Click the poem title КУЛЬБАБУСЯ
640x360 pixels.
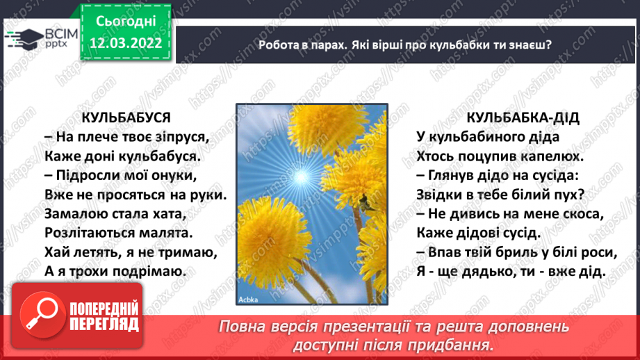coord(126,117)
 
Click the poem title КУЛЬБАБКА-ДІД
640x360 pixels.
coord(523,117)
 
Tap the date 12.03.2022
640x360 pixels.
coord(126,43)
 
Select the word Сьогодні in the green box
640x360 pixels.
coord(126,22)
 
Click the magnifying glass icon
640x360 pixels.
coord(42,315)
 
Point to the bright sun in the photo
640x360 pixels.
coord(301,177)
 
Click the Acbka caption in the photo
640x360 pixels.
coord(248,300)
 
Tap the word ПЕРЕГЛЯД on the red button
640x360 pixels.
coord(104,325)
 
